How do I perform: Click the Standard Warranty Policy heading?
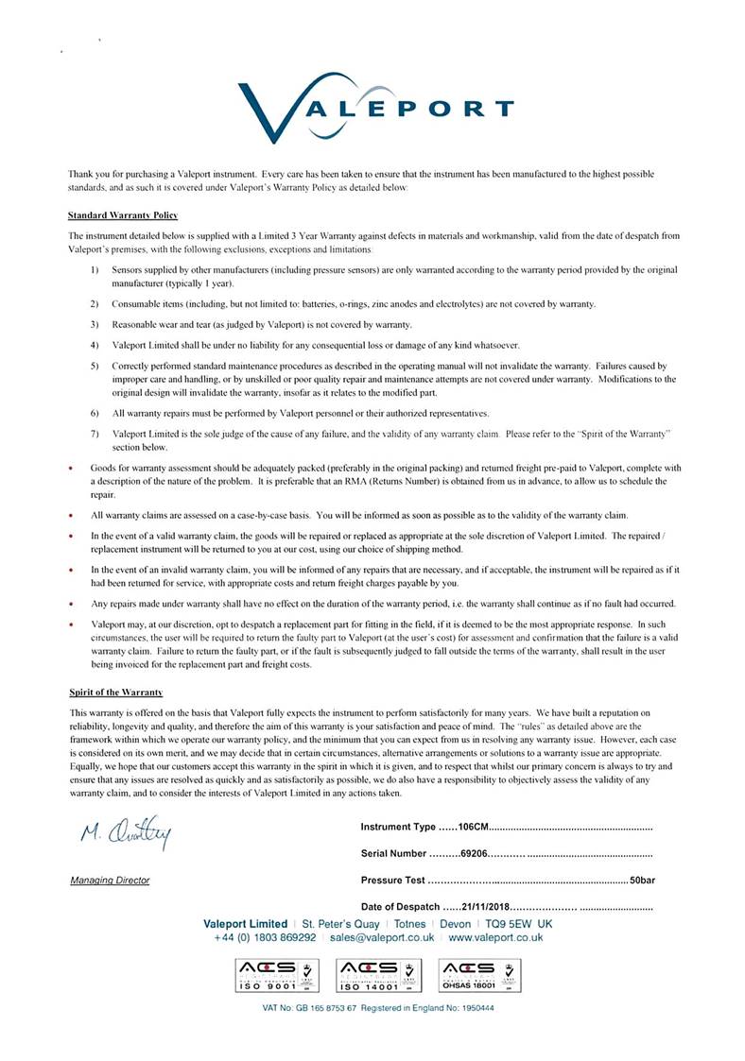pos(123,215)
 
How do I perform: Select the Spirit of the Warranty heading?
pos(116,693)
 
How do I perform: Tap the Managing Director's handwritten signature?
pos(126,833)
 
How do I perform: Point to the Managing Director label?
pos(110,881)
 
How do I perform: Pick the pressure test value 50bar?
pos(641,881)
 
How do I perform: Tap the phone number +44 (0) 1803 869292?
pos(266,937)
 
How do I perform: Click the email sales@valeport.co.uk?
pos(382,937)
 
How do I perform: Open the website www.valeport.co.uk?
pos(495,937)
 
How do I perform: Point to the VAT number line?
pos(378,1008)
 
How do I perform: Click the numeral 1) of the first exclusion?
pos(95,270)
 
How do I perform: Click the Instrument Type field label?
pos(398,828)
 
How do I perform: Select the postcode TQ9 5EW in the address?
pos(508,923)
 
